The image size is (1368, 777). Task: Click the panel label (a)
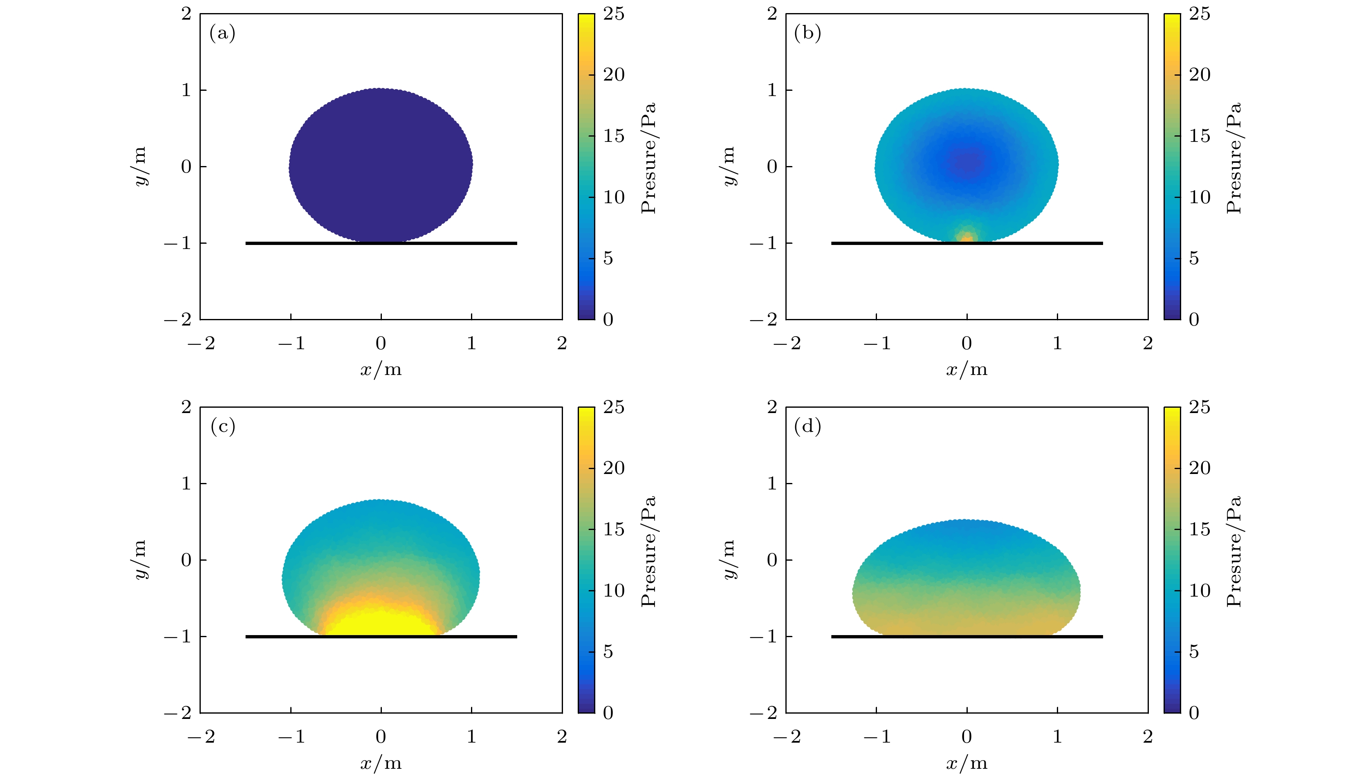click(222, 34)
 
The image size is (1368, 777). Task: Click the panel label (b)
click(807, 34)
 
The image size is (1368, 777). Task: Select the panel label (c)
click(222, 427)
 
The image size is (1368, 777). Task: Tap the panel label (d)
click(807, 427)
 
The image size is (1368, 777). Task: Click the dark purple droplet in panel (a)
click(380, 166)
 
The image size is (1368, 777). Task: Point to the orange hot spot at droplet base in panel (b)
click(966, 236)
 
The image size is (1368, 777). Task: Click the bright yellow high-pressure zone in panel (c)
click(380, 622)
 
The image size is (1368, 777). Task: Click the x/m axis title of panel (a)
click(380, 370)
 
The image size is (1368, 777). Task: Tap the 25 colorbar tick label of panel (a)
click(614, 14)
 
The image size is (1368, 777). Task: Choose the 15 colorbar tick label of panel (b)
click(1200, 136)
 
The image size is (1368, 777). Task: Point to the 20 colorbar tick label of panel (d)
click(1200, 468)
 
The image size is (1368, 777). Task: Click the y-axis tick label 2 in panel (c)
click(186, 407)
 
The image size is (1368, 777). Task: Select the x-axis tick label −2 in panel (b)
click(787, 343)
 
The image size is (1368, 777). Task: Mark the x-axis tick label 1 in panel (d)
click(1057, 737)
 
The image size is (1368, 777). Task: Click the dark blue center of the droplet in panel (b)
click(969, 160)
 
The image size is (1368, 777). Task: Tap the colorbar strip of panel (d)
click(1172, 560)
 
